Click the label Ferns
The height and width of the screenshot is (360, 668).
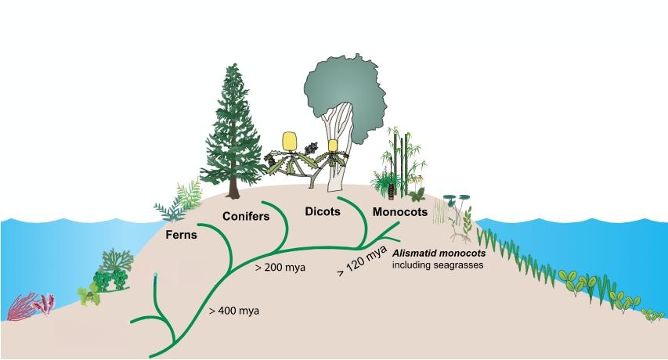point(182,235)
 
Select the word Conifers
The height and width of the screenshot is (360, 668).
point(246,216)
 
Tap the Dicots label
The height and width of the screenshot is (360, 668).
point(323,211)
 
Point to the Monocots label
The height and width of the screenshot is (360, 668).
point(400,212)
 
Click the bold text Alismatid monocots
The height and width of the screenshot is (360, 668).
point(439,254)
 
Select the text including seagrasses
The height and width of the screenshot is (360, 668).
point(438,265)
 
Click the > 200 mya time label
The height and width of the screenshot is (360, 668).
point(280,268)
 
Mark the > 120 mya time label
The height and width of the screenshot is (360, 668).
point(362,261)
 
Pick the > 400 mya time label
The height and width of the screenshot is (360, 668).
point(234,311)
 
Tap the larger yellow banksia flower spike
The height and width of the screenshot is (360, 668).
point(290,142)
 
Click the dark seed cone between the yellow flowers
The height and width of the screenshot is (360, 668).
point(311,149)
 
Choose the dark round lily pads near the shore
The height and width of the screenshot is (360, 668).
point(457,197)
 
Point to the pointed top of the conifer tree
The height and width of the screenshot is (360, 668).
point(233,65)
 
